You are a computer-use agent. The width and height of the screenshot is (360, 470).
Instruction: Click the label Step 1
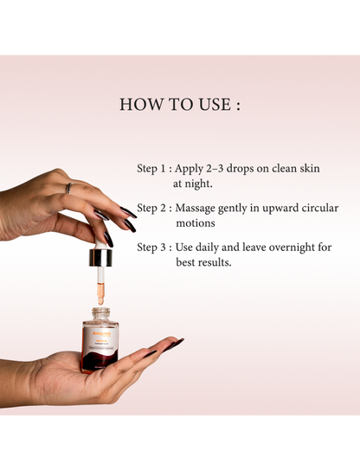[x=153, y=169]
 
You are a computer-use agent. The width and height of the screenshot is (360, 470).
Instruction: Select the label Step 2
[x=153, y=209]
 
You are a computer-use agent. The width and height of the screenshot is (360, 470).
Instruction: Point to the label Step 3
[x=153, y=248]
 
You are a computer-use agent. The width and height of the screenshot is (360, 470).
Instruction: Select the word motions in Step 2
[x=195, y=223]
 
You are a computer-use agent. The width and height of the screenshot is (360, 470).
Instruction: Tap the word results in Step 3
[x=214, y=262]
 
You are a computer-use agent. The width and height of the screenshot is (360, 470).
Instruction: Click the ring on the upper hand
[x=68, y=188]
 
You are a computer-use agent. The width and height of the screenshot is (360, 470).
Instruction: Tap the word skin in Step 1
[x=307, y=169]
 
